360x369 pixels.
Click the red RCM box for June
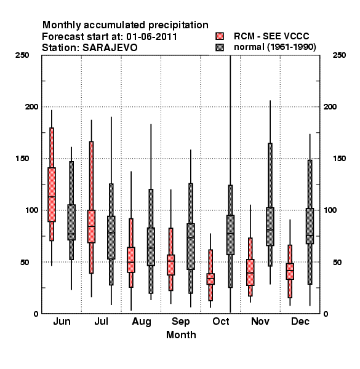(x=52, y=194)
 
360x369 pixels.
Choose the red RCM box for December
(x=290, y=271)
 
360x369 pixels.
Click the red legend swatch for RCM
(x=220, y=36)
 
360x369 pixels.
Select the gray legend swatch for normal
(x=220, y=47)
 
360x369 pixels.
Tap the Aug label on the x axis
(x=142, y=322)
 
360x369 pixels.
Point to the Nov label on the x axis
(x=260, y=321)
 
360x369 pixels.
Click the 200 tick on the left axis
(x=31, y=106)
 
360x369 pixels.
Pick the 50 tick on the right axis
(x=337, y=262)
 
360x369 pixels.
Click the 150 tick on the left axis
(x=22, y=159)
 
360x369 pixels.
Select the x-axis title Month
(x=181, y=335)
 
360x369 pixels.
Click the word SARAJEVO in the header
(x=110, y=48)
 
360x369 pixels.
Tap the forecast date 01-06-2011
(x=151, y=37)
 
